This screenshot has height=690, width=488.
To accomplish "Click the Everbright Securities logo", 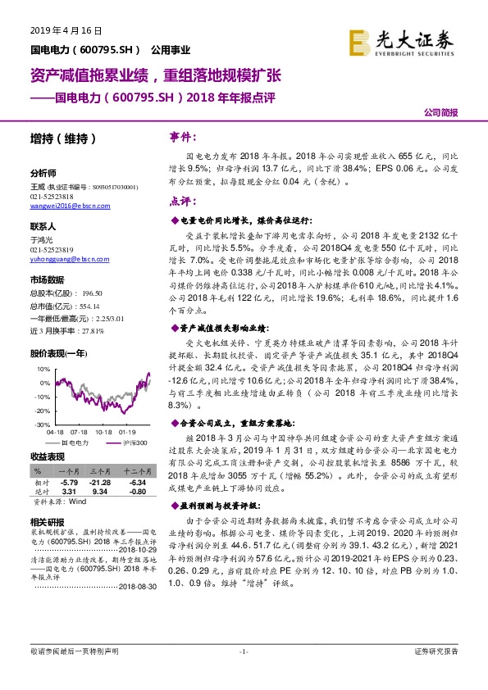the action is click(x=402, y=41).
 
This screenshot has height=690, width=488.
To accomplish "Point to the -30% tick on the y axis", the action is click(x=42, y=424).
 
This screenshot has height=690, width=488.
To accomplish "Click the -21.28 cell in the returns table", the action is click(x=101, y=483).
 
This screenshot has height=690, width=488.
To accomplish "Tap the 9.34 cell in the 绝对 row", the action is click(x=101, y=492).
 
